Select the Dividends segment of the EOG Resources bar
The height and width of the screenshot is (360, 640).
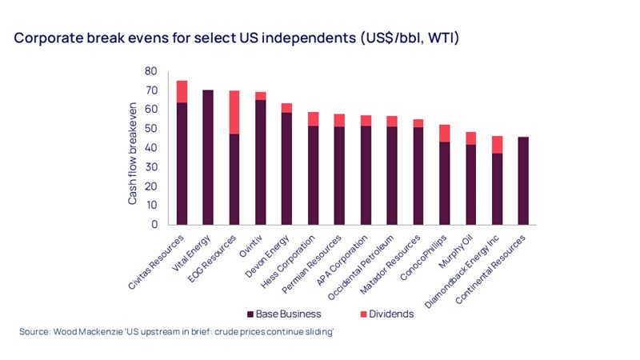coord(234,112)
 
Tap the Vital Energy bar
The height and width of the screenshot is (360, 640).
coord(208,157)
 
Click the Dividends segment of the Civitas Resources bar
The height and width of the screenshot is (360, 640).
coord(182,91)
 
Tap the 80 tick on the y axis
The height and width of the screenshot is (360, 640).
coord(150,71)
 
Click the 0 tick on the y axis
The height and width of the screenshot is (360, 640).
coord(153,225)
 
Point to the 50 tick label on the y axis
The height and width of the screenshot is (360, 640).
coord(150,129)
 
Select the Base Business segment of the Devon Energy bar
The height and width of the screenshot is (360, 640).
coord(286,169)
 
